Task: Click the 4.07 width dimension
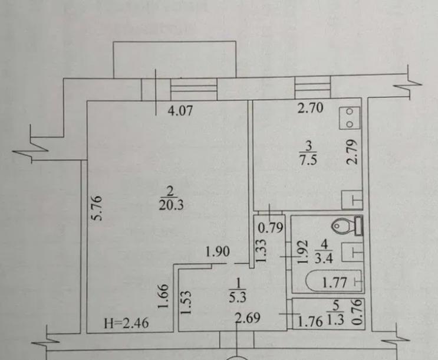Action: [180, 111]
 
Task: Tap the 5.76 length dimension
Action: [98, 208]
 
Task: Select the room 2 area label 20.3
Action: [171, 205]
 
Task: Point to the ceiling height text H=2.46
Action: [127, 323]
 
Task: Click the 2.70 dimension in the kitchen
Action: [310, 108]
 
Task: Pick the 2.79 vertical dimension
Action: [352, 152]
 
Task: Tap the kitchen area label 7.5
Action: [308, 161]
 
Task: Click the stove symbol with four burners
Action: [350, 118]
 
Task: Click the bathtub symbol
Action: [334, 281]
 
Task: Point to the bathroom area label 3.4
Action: [324, 258]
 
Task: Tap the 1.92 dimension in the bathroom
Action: [303, 251]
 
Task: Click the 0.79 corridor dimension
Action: [271, 228]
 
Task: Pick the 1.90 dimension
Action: [218, 252]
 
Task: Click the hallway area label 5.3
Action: [238, 298]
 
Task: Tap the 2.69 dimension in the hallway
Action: [248, 318]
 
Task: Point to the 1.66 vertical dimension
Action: [163, 296]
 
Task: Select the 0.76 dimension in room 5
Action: [358, 312]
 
